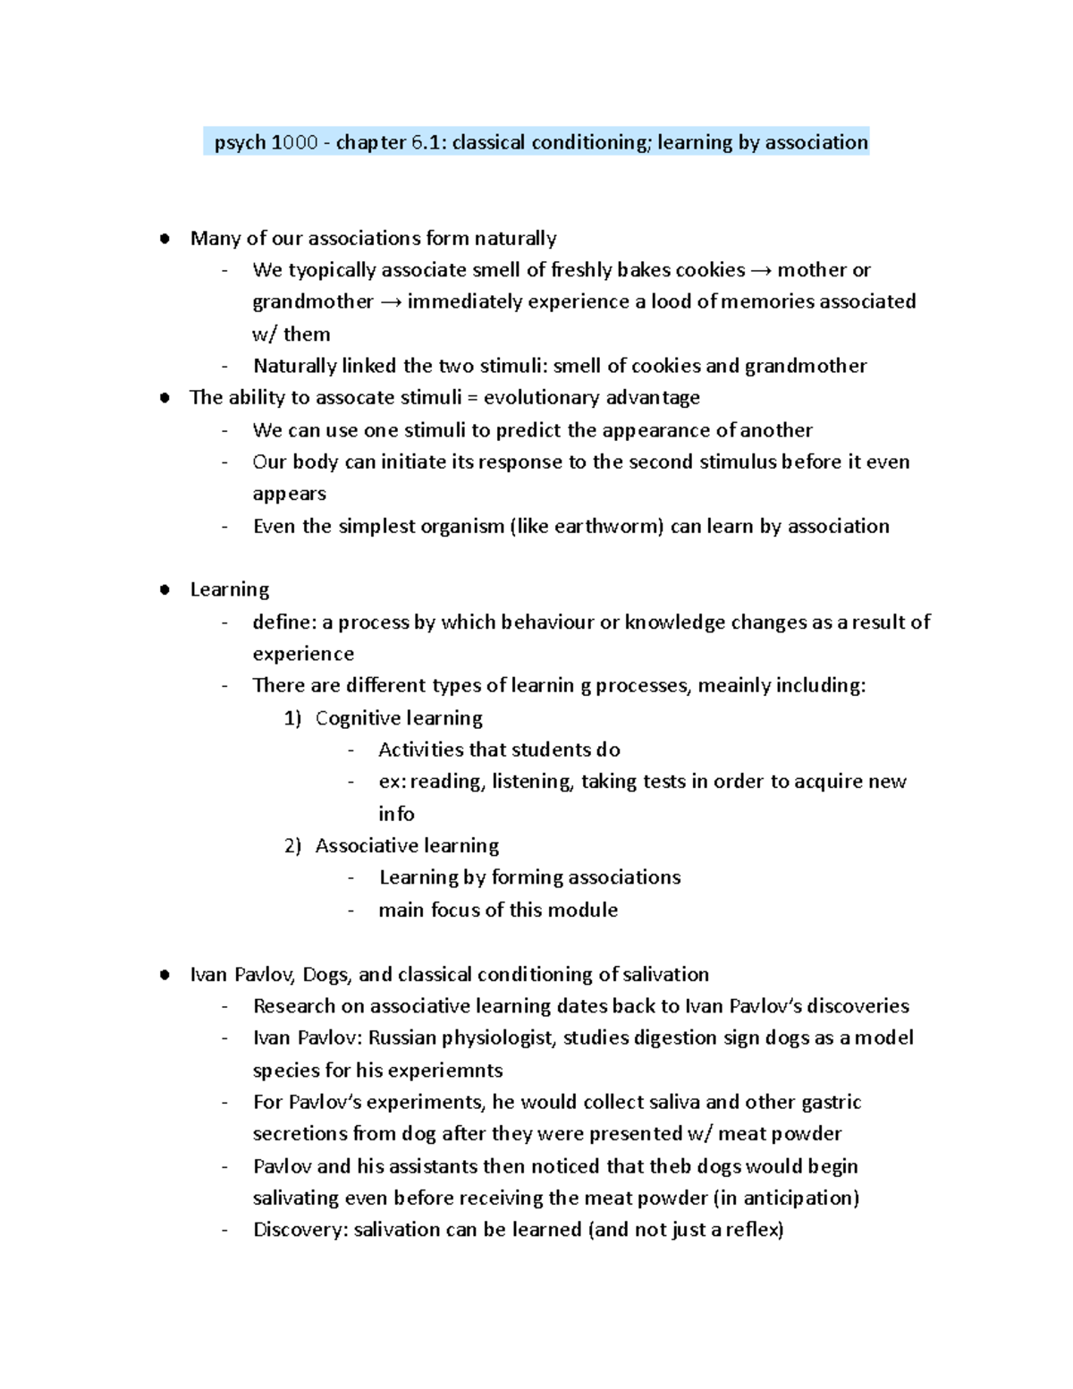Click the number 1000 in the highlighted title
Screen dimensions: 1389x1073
(295, 142)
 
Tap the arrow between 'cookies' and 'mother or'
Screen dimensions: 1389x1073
(761, 270)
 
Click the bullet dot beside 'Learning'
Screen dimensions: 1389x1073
(164, 590)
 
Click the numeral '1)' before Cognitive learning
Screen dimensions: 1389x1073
(293, 718)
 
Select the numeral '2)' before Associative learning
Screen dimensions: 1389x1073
(293, 846)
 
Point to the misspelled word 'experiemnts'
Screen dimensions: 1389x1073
(451, 1071)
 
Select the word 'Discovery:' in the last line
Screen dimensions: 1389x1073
(300, 1230)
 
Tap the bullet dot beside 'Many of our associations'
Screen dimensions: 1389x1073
(164, 239)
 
